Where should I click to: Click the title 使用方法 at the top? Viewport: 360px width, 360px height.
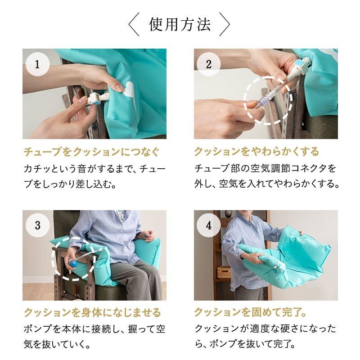coord(180,25)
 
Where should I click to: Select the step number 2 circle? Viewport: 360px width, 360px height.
coord(208,63)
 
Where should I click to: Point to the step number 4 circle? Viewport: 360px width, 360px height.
coord(208,225)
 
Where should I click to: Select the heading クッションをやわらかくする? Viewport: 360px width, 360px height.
coord(256,151)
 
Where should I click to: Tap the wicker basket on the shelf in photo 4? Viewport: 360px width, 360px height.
coord(224,272)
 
